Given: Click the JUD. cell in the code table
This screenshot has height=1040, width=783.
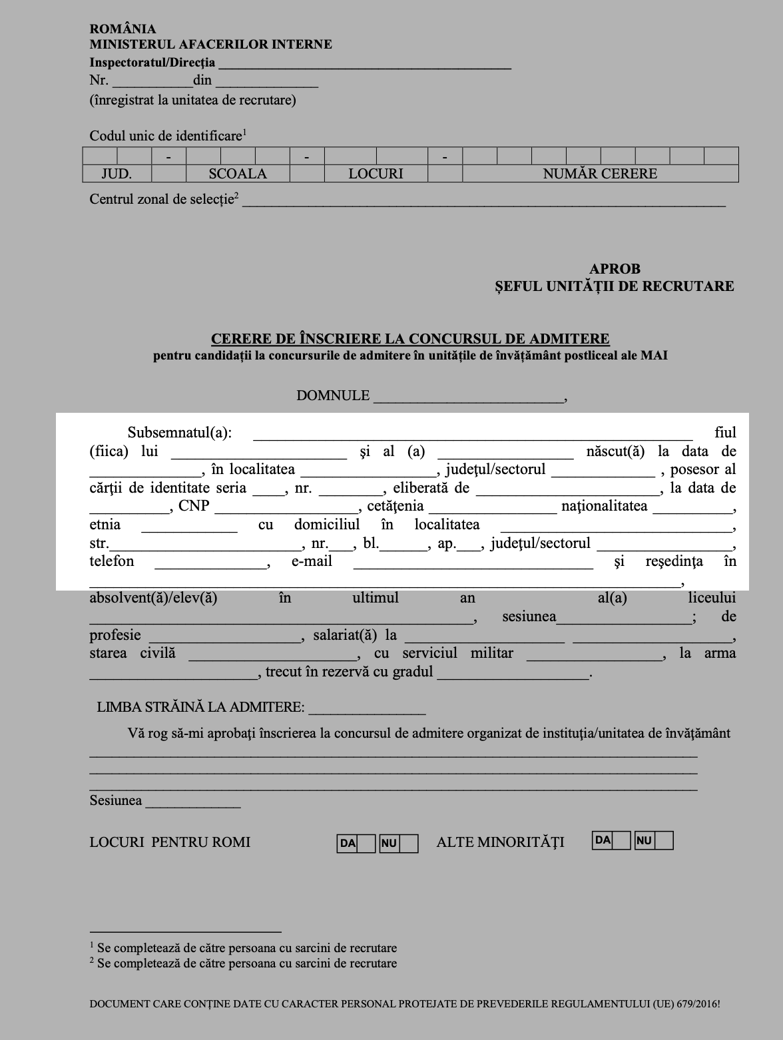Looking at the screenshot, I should click(x=117, y=174).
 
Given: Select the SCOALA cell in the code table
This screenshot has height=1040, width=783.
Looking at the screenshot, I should click(x=238, y=174).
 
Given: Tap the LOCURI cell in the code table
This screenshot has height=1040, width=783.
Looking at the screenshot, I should click(x=376, y=174).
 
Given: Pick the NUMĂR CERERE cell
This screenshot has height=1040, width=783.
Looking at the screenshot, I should click(x=600, y=174).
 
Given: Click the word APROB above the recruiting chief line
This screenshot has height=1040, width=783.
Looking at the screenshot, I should click(x=615, y=269).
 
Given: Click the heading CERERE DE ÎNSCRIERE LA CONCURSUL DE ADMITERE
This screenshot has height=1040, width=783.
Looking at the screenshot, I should click(x=410, y=339).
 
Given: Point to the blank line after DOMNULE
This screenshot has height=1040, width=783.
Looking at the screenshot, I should click(x=469, y=397).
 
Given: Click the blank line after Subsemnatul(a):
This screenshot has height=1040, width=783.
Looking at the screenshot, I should click(x=473, y=435).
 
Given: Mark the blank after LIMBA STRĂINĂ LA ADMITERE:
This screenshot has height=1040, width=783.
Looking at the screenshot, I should click(x=367, y=709).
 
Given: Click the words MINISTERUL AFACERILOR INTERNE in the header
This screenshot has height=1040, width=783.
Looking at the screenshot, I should click(x=211, y=45).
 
